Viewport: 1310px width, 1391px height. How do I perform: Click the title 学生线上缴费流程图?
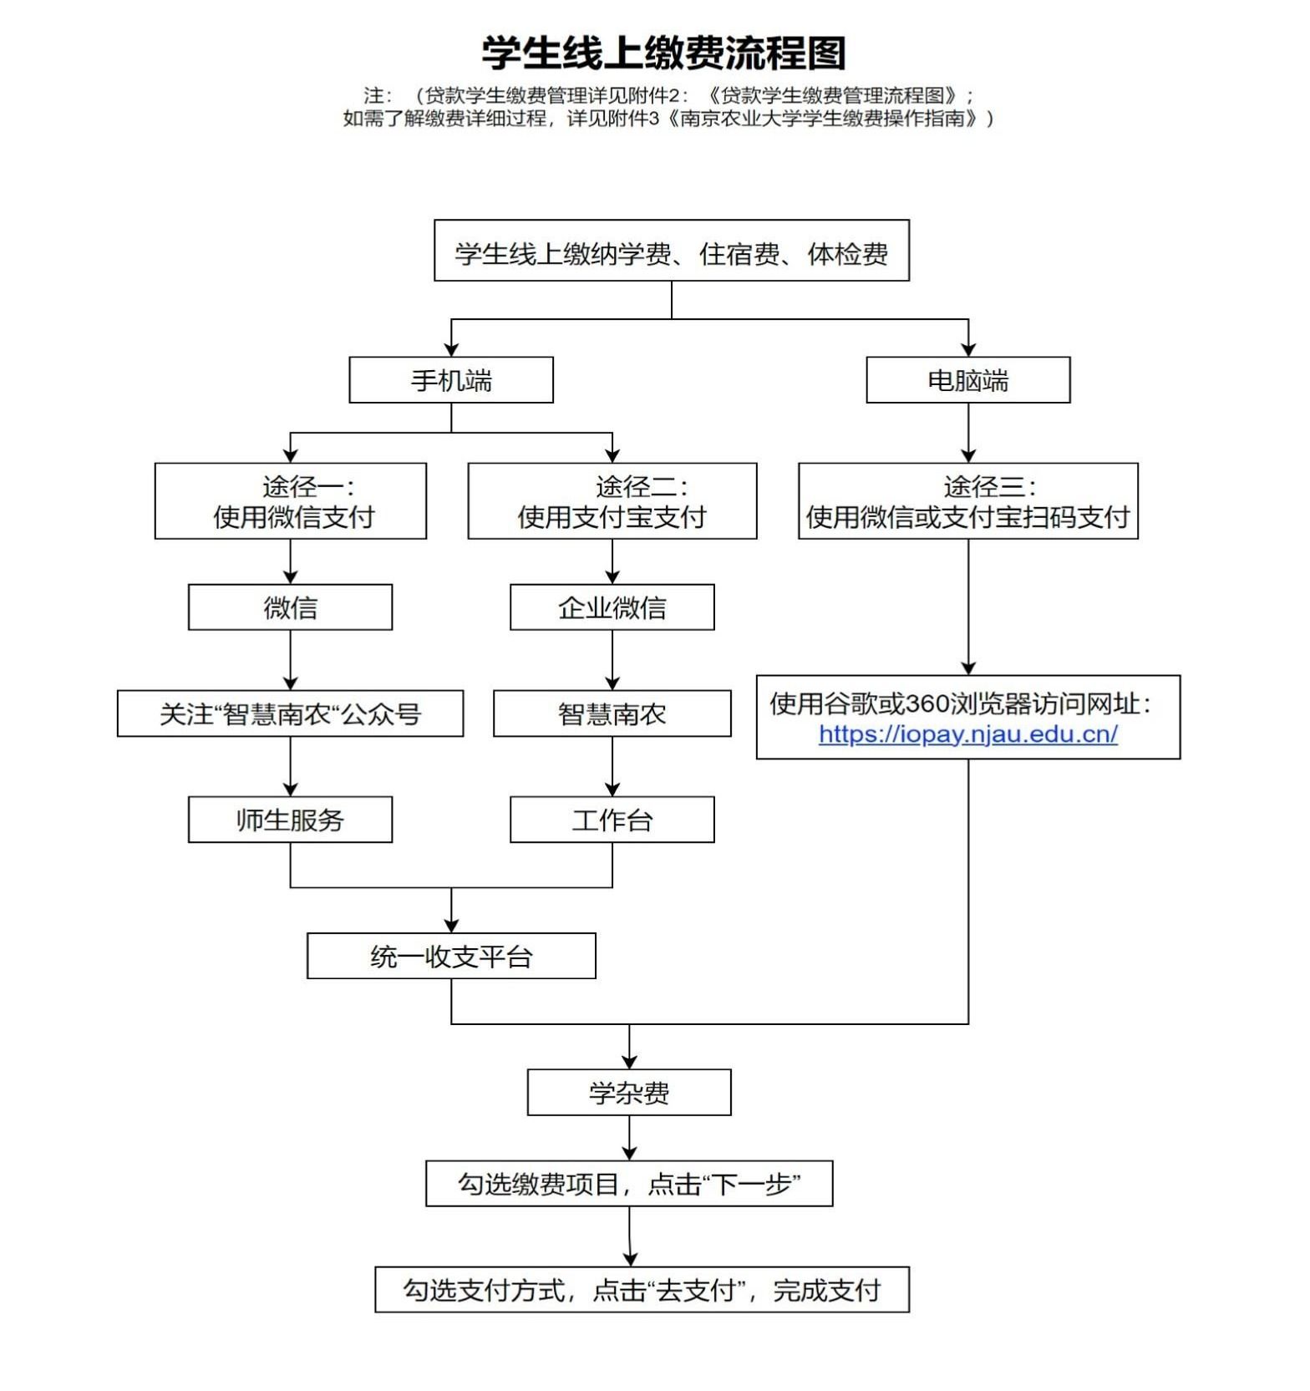click(663, 53)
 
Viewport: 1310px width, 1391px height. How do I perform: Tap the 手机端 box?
click(451, 380)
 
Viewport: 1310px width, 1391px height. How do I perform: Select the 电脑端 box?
click(968, 380)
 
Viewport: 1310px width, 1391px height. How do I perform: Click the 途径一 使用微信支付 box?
click(291, 501)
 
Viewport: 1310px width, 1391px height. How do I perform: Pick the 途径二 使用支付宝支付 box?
click(612, 501)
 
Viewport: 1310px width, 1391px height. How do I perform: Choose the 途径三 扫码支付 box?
click(968, 501)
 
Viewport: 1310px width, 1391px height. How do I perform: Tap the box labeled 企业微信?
click(612, 607)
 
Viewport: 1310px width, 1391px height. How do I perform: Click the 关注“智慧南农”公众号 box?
click(291, 713)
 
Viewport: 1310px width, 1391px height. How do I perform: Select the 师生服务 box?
click(291, 820)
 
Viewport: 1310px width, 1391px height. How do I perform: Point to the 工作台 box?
click(612, 820)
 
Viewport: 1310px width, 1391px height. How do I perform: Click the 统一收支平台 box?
click(451, 956)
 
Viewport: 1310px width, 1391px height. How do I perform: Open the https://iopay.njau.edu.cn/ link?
click(968, 734)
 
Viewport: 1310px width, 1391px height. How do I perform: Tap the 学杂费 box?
click(629, 1093)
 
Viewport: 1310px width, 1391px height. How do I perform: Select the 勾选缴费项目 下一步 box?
click(629, 1184)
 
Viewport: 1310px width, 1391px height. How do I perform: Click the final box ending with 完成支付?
click(642, 1290)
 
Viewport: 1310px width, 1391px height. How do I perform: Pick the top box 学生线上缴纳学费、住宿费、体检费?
click(672, 251)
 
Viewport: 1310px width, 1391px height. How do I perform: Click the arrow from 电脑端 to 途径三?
click(968, 433)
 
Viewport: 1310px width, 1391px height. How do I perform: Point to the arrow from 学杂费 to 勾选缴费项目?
click(629, 1138)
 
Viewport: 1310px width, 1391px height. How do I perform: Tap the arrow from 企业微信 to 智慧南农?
click(612, 660)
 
